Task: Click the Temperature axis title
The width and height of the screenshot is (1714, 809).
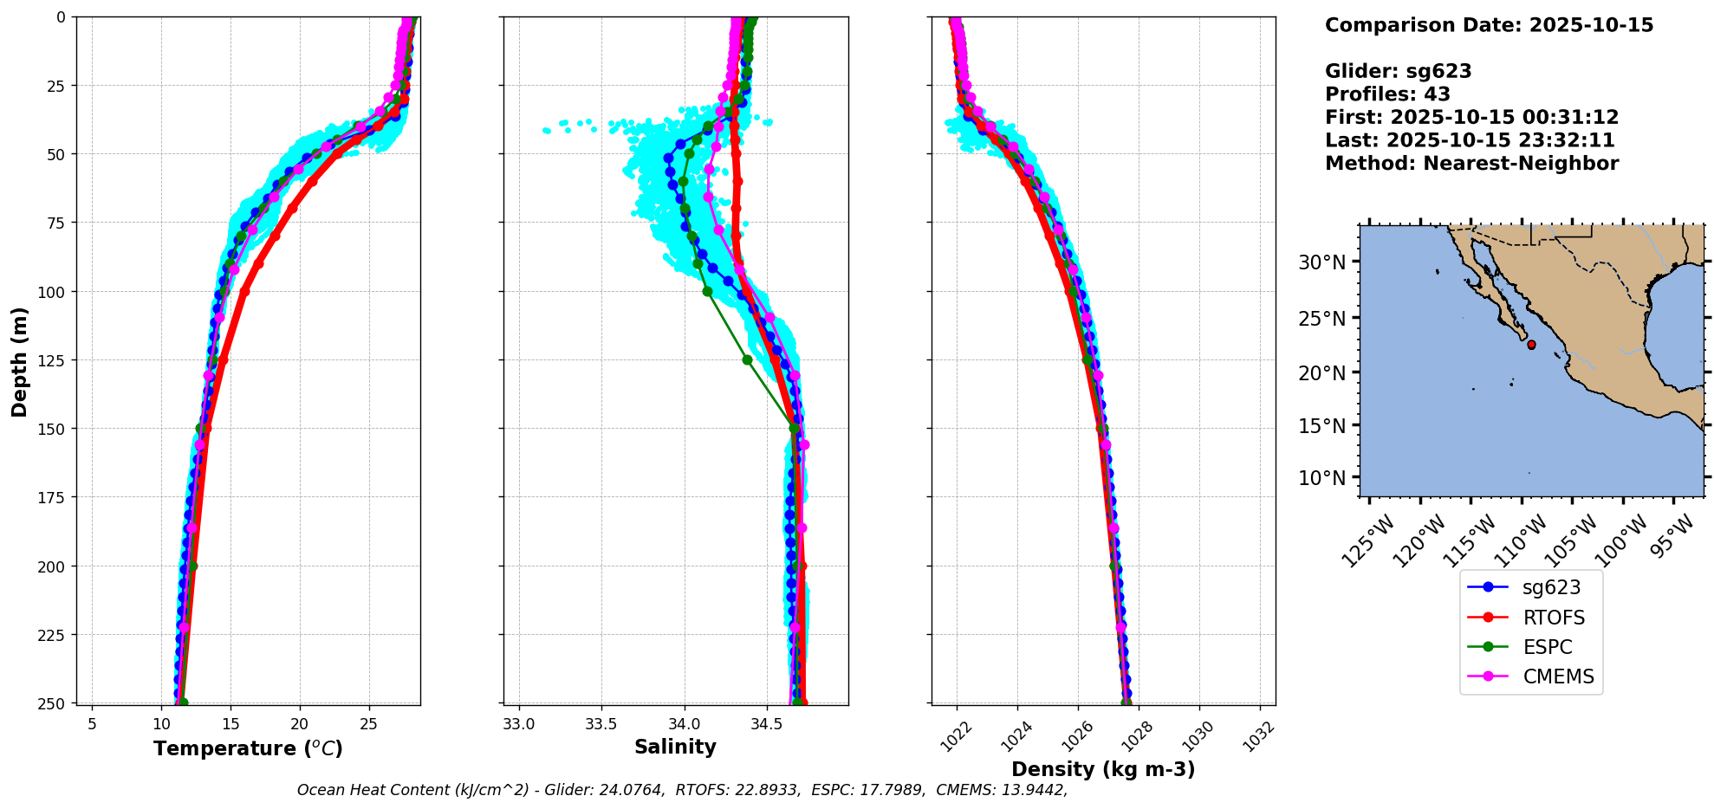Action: click(248, 748)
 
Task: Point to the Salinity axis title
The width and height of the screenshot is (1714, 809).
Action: click(675, 748)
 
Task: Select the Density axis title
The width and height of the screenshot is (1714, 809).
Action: click(1103, 769)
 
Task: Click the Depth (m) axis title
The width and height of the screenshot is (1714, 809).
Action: click(19, 361)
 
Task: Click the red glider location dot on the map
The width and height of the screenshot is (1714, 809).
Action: click(1531, 345)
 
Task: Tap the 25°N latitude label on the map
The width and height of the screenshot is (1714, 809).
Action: click(1321, 318)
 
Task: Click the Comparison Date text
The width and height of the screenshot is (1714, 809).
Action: click(1489, 25)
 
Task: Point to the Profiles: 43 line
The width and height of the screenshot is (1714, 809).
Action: click(1387, 94)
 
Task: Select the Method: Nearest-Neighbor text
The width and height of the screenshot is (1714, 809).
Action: click(1471, 163)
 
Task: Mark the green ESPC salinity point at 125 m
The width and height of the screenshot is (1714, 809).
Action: click(747, 359)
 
